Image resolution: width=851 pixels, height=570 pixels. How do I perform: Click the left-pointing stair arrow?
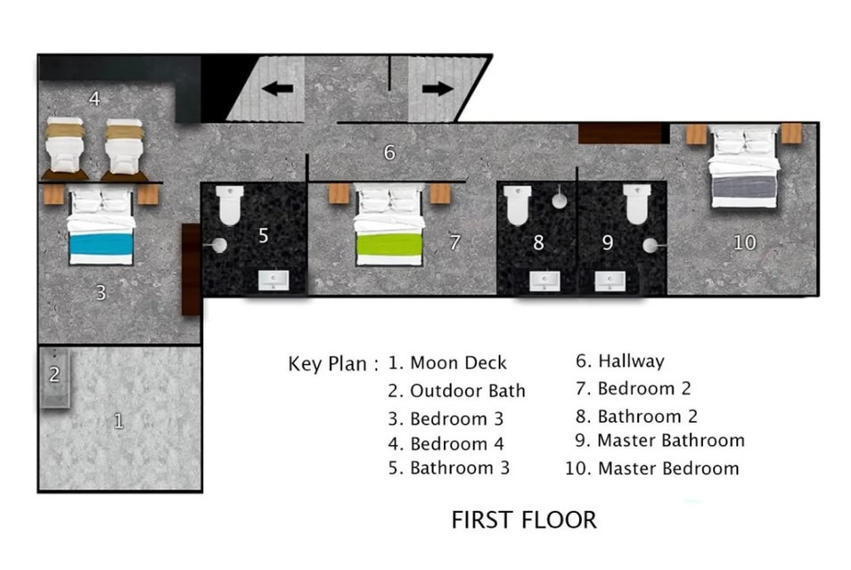pyautogui.click(x=277, y=88)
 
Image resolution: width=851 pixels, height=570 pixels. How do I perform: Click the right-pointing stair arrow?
pyautogui.click(x=438, y=88)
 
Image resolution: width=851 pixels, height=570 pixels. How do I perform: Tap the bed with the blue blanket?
pyautogui.click(x=101, y=226)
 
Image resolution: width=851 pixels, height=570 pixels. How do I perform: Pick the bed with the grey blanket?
pyautogui.click(x=745, y=167)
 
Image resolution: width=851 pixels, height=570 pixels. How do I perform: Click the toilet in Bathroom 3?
pyautogui.click(x=230, y=205)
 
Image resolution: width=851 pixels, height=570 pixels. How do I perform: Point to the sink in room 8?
pyautogui.click(x=544, y=281)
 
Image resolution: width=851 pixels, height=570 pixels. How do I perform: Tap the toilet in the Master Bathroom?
pyautogui.click(x=636, y=204)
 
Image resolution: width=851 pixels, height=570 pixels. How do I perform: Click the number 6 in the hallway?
pyautogui.click(x=389, y=152)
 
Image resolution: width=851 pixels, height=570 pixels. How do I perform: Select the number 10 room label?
pyautogui.click(x=744, y=242)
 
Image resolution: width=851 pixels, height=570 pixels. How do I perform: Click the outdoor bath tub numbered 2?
pyautogui.click(x=55, y=378)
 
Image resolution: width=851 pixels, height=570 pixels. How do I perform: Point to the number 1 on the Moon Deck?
pyautogui.click(x=119, y=421)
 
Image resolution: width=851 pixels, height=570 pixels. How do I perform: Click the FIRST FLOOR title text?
pyautogui.click(x=524, y=519)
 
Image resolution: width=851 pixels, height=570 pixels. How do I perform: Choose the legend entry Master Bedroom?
pyautogui.click(x=651, y=468)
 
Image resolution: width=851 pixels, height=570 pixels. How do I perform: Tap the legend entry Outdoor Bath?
pyautogui.click(x=456, y=390)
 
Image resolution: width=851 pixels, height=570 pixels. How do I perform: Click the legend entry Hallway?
pyautogui.click(x=620, y=362)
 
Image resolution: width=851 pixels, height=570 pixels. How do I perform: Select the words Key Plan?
pyautogui.click(x=327, y=364)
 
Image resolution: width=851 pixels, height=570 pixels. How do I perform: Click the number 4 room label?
pyautogui.click(x=94, y=99)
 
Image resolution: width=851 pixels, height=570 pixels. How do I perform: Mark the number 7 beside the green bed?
pyautogui.click(x=454, y=242)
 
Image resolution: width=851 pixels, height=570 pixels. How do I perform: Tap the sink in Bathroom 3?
pyautogui.click(x=273, y=280)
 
